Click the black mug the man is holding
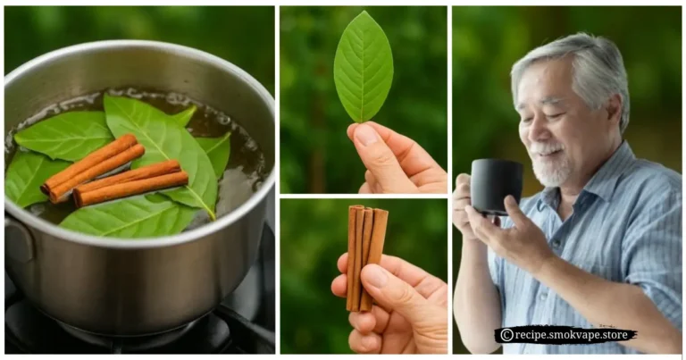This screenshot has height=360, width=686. (496, 185)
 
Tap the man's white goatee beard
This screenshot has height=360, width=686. (550, 170)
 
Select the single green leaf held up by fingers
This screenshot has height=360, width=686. (363, 68)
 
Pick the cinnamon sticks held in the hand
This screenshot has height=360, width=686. (366, 255)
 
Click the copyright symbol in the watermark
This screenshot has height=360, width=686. (506, 335)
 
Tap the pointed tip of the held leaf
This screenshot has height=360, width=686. (363, 13)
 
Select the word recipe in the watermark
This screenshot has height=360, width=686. (533, 335)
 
